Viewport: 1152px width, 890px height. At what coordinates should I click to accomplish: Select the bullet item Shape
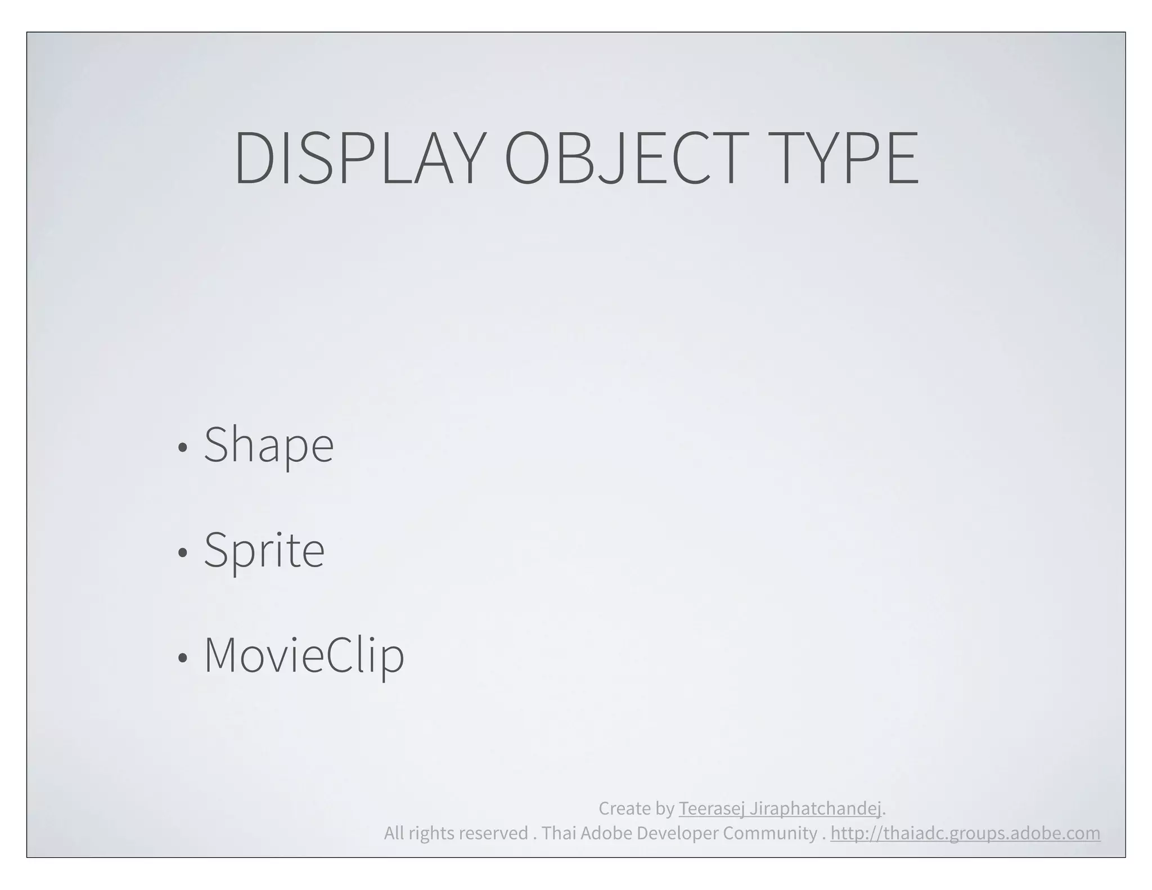[268, 446]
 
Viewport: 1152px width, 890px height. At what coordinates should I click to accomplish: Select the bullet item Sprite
[264, 551]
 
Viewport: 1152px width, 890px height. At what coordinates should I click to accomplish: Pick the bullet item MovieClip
[304, 655]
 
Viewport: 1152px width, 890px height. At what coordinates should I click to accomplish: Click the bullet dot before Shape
[182, 448]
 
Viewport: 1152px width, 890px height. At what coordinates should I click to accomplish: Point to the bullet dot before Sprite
[182, 553]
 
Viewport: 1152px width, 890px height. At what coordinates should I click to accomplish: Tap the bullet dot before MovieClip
[182, 658]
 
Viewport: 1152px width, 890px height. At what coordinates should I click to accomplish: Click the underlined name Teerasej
[711, 808]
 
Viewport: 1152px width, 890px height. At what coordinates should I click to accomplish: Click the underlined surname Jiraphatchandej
[815, 808]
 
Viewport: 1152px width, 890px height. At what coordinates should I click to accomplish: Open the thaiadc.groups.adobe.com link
[965, 833]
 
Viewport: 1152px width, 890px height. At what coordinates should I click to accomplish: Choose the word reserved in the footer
[493, 833]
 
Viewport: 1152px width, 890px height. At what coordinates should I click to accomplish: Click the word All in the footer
[394, 833]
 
